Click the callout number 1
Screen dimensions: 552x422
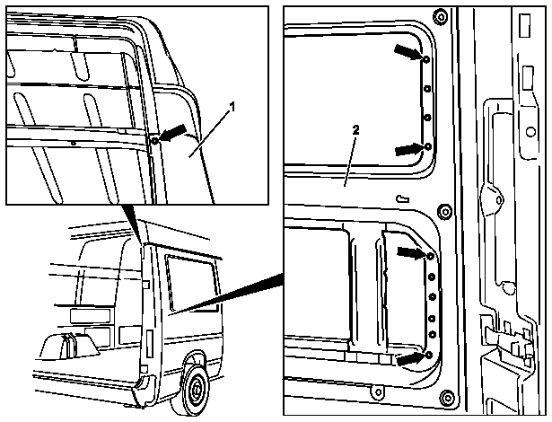click(x=232, y=107)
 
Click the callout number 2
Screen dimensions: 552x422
click(x=356, y=130)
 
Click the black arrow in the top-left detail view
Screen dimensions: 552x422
click(x=173, y=133)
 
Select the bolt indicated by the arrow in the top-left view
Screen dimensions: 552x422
click(x=155, y=141)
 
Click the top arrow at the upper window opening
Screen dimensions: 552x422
click(x=408, y=52)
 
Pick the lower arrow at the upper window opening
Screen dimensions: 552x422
click(x=409, y=149)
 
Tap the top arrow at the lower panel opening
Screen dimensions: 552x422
click(x=412, y=252)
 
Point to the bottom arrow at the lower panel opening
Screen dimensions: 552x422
click(x=411, y=358)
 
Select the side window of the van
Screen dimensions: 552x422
click(x=193, y=284)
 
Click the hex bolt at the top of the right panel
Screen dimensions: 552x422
click(x=440, y=16)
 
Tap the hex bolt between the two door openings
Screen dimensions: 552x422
click(x=444, y=213)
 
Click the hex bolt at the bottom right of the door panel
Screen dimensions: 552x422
click(x=448, y=399)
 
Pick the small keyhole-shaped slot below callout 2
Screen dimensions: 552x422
click(x=403, y=199)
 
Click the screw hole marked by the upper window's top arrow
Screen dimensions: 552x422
click(x=426, y=59)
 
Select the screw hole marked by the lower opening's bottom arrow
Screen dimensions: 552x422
click(x=429, y=355)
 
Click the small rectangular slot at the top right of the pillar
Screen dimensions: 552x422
click(x=524, y=25)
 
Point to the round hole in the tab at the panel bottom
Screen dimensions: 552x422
click(x=379, y=391)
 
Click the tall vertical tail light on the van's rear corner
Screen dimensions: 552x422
click(x=150, y=344)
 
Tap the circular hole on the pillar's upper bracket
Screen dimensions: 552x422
click(x=530, y=133)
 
